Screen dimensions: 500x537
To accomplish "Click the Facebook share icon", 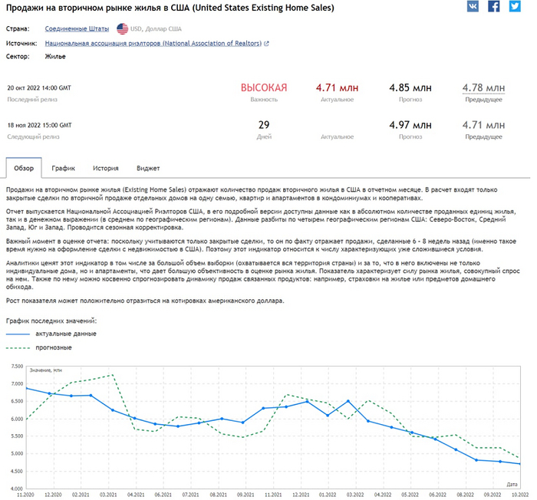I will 494,6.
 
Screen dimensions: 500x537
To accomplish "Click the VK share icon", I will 473,6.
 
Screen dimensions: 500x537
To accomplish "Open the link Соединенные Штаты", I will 77,28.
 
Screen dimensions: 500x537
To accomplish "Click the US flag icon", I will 123,28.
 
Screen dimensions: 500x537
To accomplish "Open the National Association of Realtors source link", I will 156,44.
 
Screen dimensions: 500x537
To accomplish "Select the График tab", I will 63,167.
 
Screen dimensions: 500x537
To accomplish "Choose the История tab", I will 105,167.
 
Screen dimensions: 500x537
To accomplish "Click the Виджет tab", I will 148,167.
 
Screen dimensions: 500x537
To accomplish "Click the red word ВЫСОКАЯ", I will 264,87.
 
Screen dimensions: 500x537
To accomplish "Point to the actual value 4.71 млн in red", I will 337,87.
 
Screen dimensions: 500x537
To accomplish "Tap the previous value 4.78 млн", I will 483,87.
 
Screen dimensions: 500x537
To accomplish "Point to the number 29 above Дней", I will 264,125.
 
